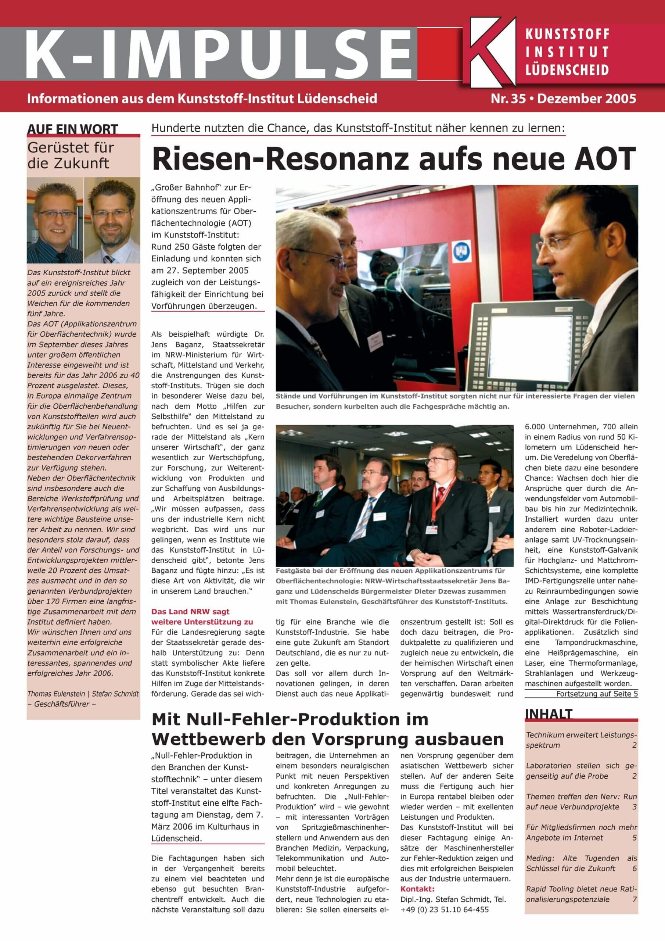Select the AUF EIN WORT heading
click(x=72, y=129)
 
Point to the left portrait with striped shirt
click(x=55, y=220)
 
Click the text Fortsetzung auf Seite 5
click(x=597, y=694)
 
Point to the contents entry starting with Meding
click(x=581, y=863)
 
